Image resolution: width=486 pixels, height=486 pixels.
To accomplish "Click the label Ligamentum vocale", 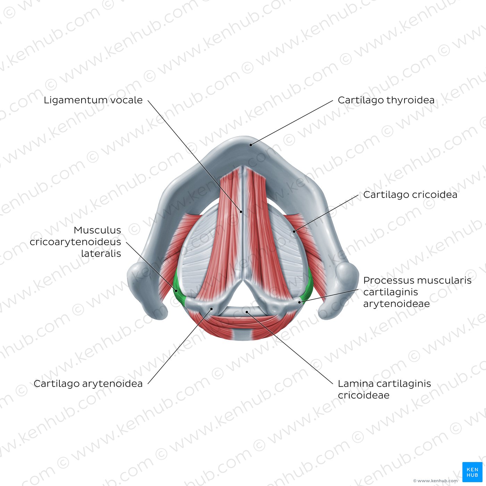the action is click(93, 100).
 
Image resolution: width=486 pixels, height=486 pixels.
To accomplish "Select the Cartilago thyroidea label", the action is click(386, 100).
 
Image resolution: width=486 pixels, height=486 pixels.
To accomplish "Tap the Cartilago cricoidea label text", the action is click(410, 194).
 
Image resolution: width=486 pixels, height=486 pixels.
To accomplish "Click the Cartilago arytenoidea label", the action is click(88, 384).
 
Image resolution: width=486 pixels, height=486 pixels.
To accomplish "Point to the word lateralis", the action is click(101, 253).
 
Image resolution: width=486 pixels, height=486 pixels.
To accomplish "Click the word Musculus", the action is click(97, 230).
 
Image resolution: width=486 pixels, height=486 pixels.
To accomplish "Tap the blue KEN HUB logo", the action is click(472, 472).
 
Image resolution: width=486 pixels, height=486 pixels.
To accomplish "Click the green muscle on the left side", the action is click(178, 290).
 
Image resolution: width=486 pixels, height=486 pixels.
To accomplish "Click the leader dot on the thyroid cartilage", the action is click(251, 145).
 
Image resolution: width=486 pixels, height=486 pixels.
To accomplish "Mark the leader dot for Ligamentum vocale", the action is click(241, 212).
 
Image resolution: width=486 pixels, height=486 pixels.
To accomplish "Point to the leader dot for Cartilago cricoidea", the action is click(294, 231).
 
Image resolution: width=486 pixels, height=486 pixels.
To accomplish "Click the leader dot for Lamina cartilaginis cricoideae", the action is click(247, 312).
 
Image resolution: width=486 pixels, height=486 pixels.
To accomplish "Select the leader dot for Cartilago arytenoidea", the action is click(212, 309).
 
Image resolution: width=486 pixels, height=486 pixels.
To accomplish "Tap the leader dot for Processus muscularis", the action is click(299, 302).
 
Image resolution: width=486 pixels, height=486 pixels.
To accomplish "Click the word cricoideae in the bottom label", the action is click(363, 395).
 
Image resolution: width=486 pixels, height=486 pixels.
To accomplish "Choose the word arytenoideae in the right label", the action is click(396, 304).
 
